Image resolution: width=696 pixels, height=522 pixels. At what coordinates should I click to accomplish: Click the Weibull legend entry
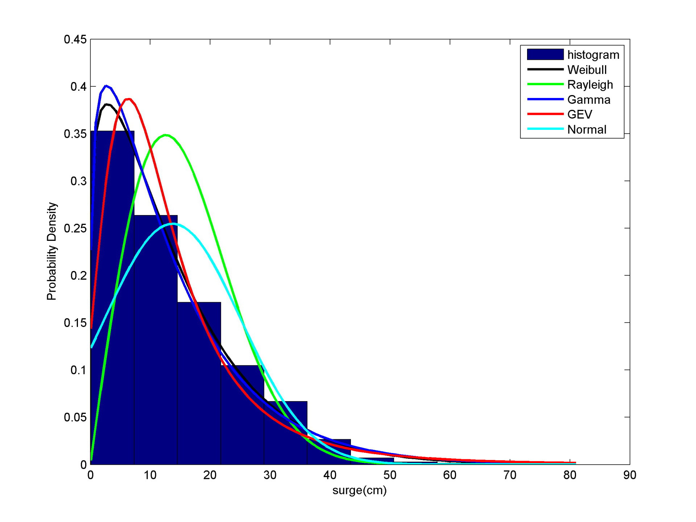pyautogui.click(x=587, y=70)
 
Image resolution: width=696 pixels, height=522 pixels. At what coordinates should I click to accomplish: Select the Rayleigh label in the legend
pyautogui.click(x=590, y=85)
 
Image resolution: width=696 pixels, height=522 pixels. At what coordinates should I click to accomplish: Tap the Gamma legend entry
pyautogui.click(x=588, y=99)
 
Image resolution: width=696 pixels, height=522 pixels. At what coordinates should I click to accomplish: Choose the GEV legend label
pyautogui.click(x=579, y=114)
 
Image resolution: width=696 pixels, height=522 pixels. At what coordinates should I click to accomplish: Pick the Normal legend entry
pyautogui.click(x=587, y=130)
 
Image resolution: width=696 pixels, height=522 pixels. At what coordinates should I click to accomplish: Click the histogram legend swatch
pyautogui.click(x=545, y=54)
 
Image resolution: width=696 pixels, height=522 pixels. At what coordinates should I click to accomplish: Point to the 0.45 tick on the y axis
pyautogui.click(x=75, y=39)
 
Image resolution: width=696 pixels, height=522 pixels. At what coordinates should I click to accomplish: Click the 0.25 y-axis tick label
pyautogui.click(x=75, y=228)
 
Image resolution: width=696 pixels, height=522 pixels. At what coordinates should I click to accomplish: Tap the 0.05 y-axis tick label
pyautogui.click(x=75, y=417)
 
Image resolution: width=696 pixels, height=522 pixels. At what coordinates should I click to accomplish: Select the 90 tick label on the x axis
pyautogui.click(x=630, y=475)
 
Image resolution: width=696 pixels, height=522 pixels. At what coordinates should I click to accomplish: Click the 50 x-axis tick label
pyautogui.click(x=390, y=475)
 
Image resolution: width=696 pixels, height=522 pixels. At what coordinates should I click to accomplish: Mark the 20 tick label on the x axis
pyautogui.click(x=210, y=475)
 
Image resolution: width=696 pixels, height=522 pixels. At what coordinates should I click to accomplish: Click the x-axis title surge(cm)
pyautogui.click(x=359, y=490)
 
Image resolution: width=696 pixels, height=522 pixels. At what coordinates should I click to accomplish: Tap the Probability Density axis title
pyautogui.click(x=51, y=251)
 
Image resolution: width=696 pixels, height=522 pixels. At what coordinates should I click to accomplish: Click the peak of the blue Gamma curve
pyautogui.click(x=106, y=86)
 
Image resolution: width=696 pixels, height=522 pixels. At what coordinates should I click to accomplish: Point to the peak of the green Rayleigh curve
pyautogui.click(x=166, y=135)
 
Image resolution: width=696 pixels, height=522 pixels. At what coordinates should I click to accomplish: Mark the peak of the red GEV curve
pyautogui.click(x=128, y=99)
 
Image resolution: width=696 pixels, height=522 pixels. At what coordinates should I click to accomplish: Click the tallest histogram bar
pyautogui.click(x=112, y=297)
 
